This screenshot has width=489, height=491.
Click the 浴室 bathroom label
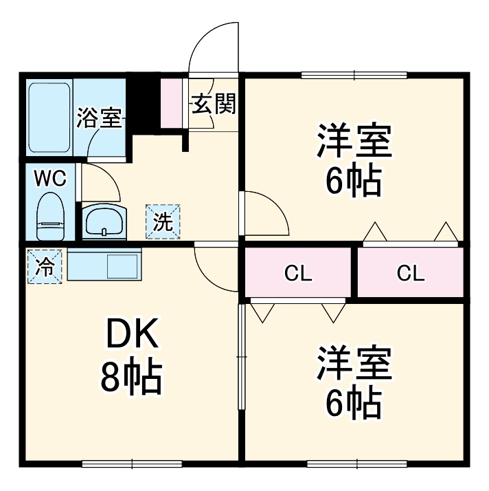(x=99, y=118)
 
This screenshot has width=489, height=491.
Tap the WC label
(x=50, y=179)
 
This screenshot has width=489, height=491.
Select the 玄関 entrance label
(x=214, y=104)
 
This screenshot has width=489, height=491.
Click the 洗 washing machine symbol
(x=162, y=221)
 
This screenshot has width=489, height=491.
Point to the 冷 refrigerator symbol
(x=45, y=266)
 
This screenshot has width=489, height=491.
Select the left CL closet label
(x=298, y=274)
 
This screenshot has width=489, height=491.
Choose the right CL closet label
(x=410, y=274)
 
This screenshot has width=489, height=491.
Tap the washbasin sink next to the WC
(x=104, y=221)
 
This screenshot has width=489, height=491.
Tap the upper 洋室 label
(x=354, y=142)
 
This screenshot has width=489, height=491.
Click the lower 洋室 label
(x=354, y=364)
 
